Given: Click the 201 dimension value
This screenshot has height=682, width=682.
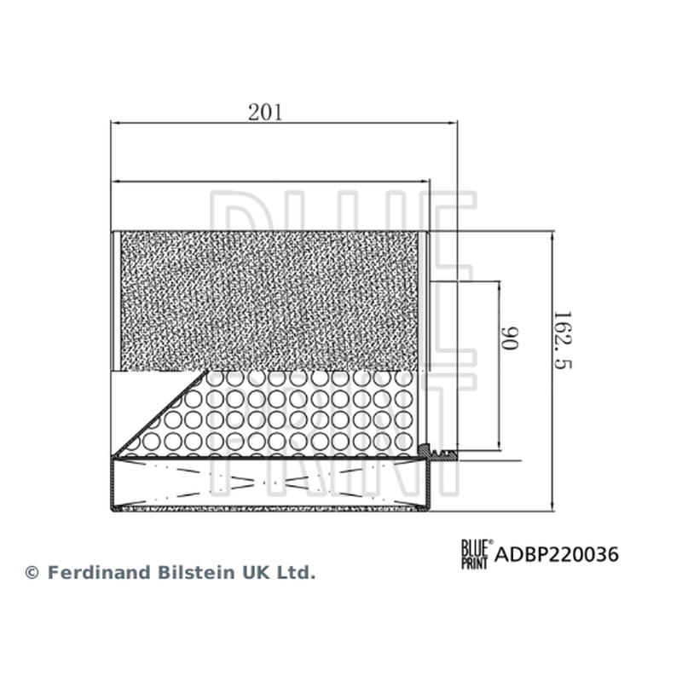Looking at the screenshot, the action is click(x=265, y=113).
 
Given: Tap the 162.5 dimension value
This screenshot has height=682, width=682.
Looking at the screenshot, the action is click(x=563, y=339).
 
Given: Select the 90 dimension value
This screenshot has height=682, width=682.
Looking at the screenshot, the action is click(x=509, y=338).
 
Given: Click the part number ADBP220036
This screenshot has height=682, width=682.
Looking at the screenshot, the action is click(x=557, y=555).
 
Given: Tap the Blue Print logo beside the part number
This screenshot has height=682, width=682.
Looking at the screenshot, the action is click(x=477, y=554).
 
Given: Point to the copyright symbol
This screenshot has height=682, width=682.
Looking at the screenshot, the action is click(x=32, y=572).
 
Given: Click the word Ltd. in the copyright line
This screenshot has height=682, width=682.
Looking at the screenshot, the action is click(x=296, y=572).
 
